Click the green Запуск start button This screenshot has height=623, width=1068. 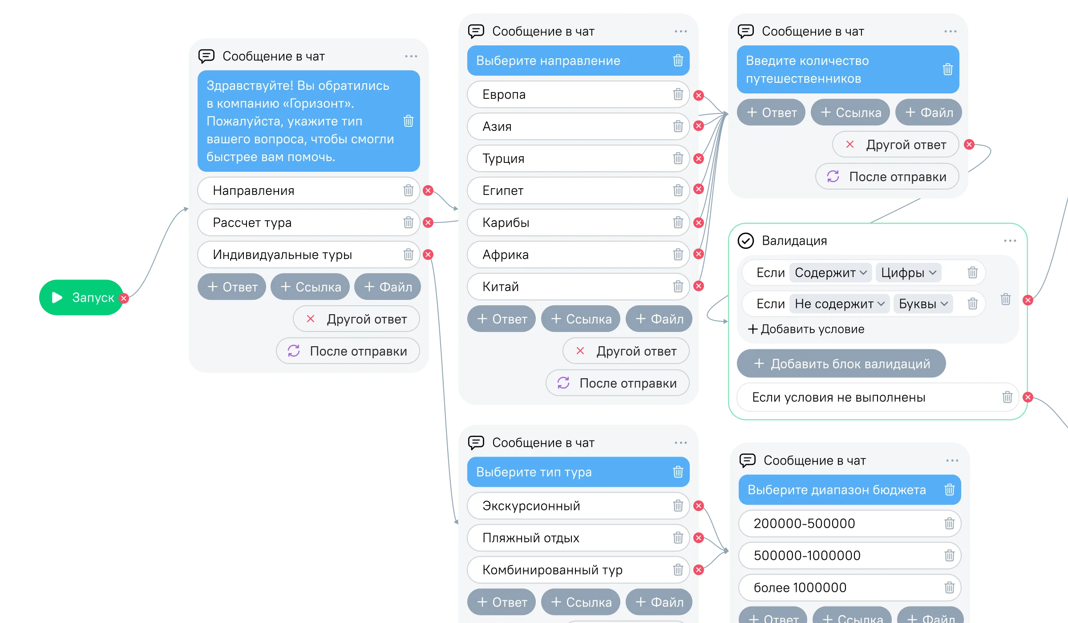[x=81, y=297]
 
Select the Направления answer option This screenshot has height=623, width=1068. [x=308, y=190]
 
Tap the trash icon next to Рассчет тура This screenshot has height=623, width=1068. [x=408, y=222]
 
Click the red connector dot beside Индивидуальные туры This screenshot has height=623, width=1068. [x=428, y=255]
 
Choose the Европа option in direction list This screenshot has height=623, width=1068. [x=578, y=94]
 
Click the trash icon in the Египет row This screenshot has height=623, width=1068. [x=678, y=190]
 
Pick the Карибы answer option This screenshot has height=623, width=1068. [x=578, y=222]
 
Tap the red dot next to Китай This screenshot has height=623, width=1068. [x=699, y=286]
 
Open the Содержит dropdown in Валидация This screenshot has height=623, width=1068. [x=830, y=272]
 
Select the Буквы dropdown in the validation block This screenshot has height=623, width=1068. [x=923, y=304]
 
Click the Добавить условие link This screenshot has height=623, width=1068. [x=806, y=329]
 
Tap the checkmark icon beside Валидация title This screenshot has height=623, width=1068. [x=746, y=241]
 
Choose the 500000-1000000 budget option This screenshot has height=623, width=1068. [x=850, y=555]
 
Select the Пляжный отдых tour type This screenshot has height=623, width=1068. [x=578, y=538]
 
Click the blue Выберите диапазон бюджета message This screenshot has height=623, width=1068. [x=850, y=489]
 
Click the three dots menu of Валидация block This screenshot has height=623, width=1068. [x=1010, y=241]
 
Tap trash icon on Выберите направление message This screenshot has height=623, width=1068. [x=678, y=61]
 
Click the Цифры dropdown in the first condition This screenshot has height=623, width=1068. [x=908, y=272]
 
